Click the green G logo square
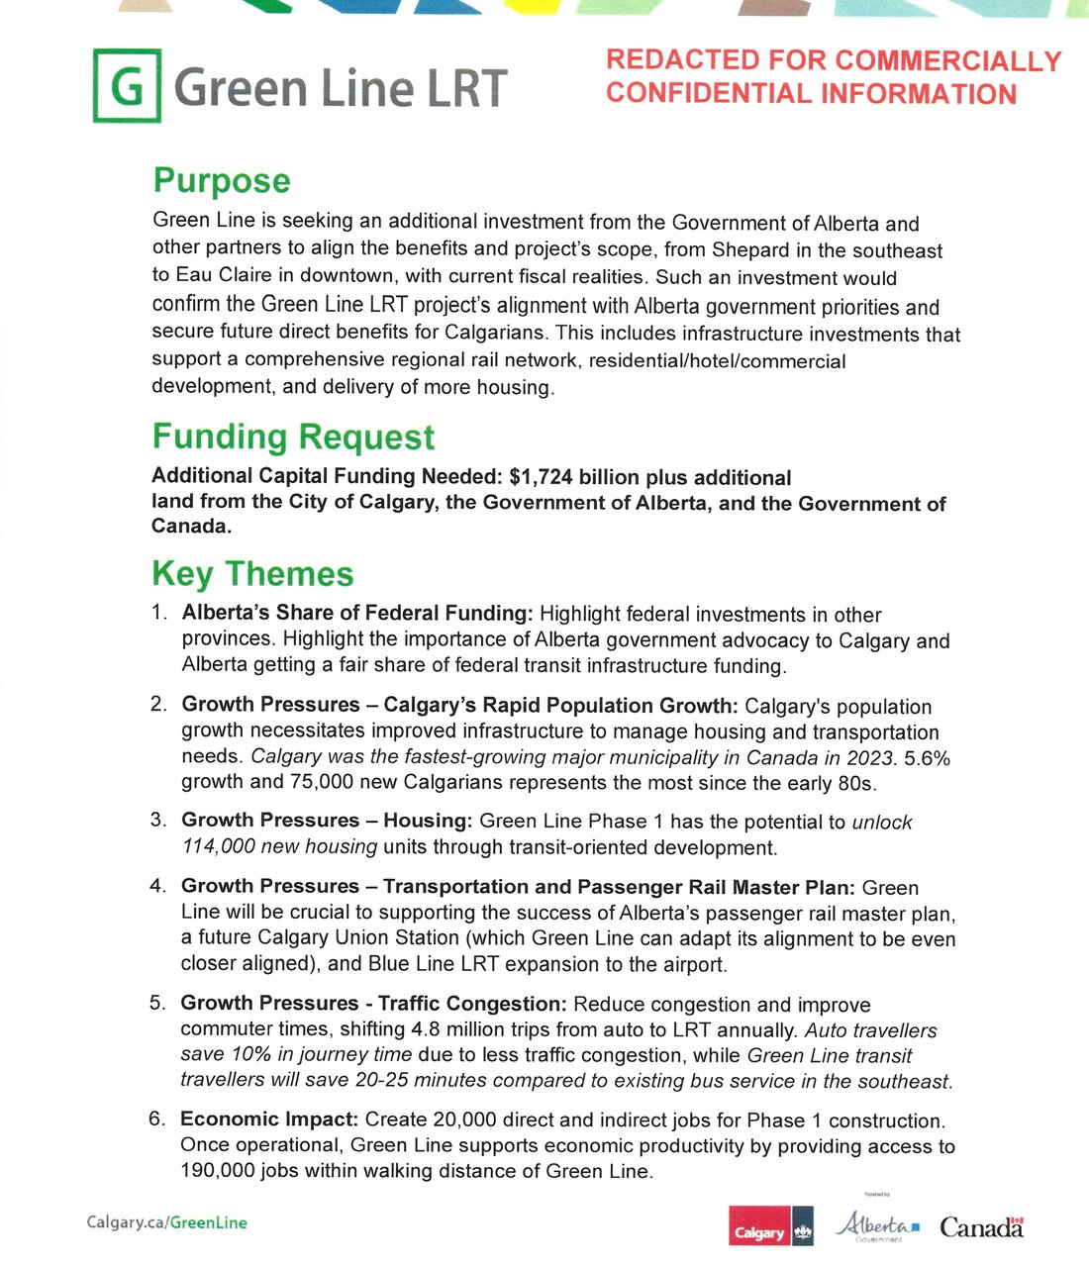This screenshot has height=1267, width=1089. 127,85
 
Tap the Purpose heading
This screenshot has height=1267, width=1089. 222,181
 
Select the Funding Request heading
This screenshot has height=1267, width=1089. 293,437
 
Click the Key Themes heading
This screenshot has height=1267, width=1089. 252,574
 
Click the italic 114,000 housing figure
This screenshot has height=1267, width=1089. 219,847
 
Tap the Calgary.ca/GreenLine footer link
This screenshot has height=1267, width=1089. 166,1222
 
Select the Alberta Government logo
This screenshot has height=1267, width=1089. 877,1226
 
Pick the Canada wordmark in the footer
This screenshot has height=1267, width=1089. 981,1228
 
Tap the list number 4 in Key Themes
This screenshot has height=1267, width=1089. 157,886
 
